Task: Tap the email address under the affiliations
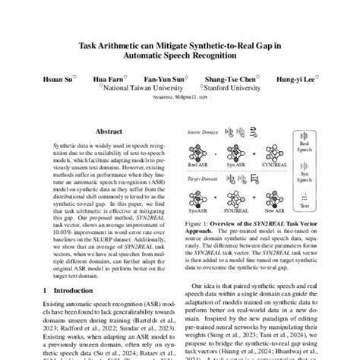point(179,96)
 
